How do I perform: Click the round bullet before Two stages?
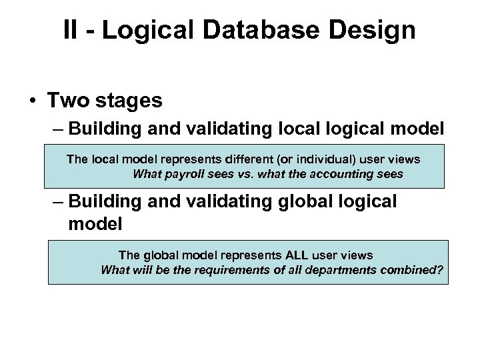click(x=31, y=101)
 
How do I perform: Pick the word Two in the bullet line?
click(x=67, y=101)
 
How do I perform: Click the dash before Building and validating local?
click(x=57, y=129)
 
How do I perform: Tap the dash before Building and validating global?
click(x=57, y=201)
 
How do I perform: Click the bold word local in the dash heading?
click(x=299, y=129)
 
